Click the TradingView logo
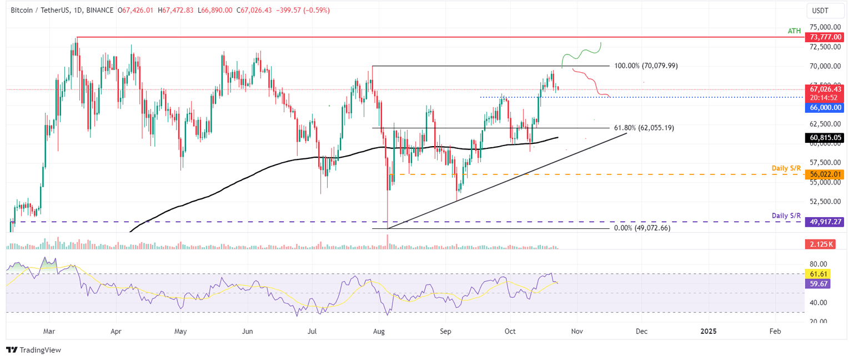33,350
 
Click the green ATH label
794,31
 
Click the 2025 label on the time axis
708,332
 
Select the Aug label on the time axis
378,332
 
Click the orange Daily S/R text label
786,168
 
